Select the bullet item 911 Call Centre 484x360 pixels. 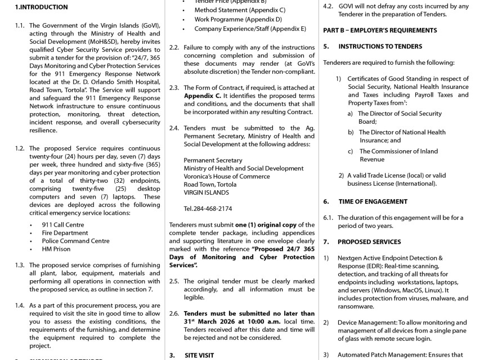[62, 224]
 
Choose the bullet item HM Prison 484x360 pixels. [56, 249]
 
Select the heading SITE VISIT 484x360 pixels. [201, 355]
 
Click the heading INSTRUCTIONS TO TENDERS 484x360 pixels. [380, 47]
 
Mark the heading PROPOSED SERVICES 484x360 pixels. [369, 242]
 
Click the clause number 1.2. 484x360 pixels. [20, 148]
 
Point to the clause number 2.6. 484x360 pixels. [174, 313]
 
